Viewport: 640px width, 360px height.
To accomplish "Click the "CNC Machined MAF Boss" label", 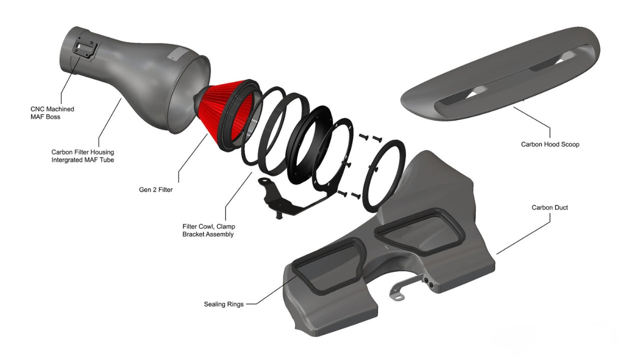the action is click(52, 113).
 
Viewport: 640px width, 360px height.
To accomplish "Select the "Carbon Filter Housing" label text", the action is click(82, 152).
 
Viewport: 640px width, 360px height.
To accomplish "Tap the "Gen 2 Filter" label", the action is click(155, 189).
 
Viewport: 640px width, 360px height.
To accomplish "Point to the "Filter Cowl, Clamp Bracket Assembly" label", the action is click(209, 230).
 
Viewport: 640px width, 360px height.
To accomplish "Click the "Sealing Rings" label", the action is click(223, 304).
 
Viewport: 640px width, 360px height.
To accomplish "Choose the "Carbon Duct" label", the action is click(549, 207).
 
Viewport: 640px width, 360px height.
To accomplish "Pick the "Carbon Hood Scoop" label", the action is click(550, 144).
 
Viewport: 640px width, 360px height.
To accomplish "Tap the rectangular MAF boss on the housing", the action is click(85, 50).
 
